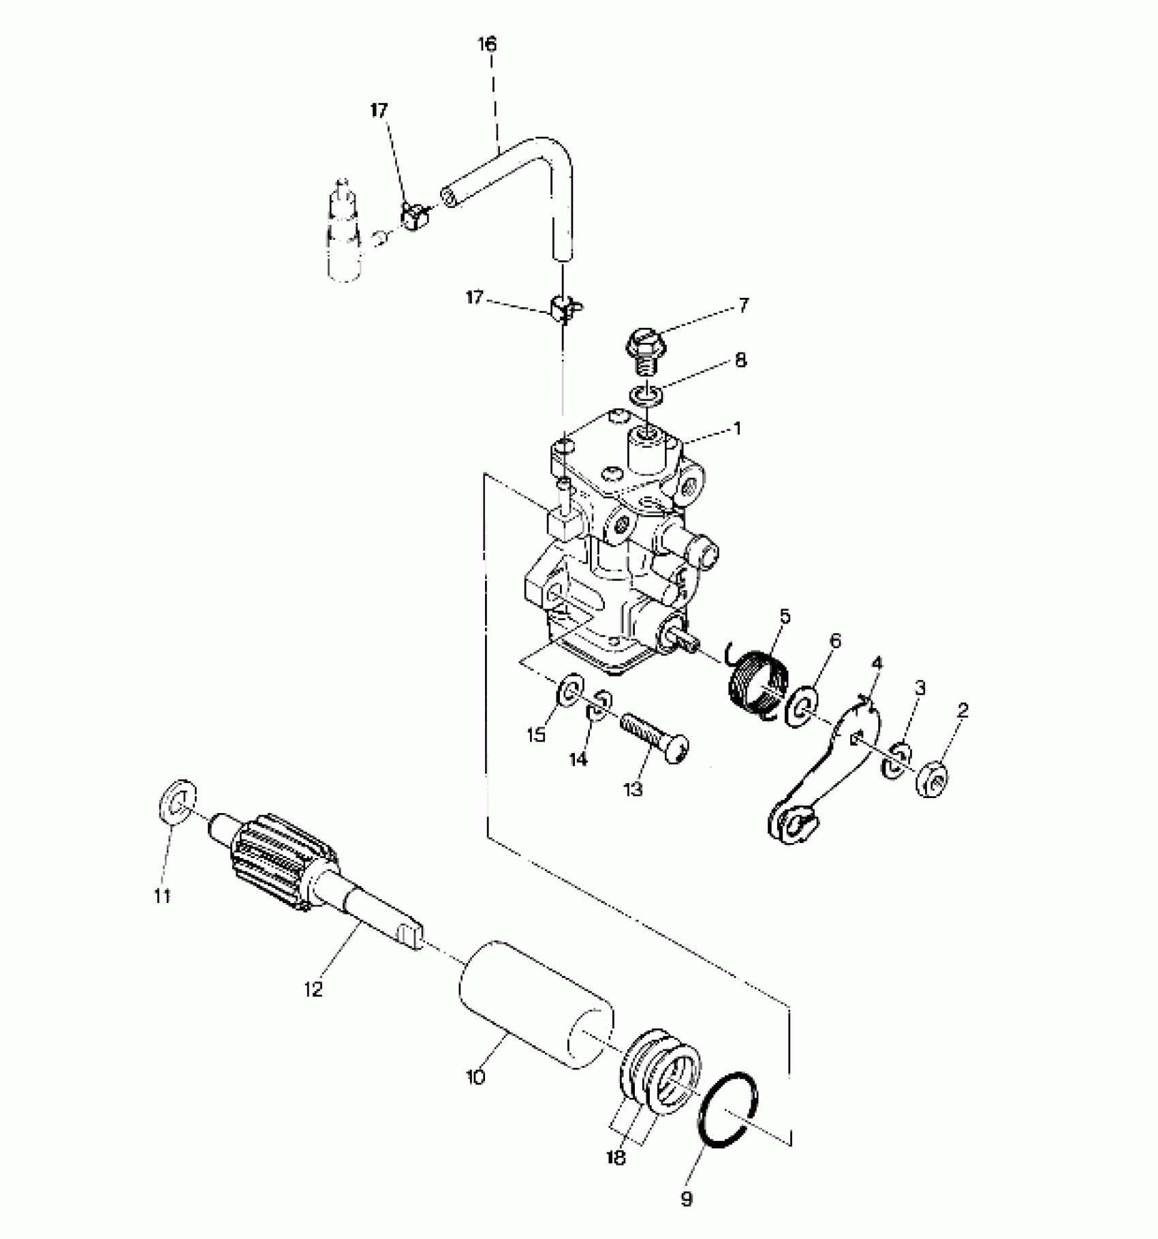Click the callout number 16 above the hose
click(x=487, y=45)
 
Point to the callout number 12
click(x=313, y=989)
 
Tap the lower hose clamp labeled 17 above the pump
click(x=563, y=309)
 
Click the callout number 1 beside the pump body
click(x=736, y=429)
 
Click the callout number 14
click(x=578, y=759)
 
